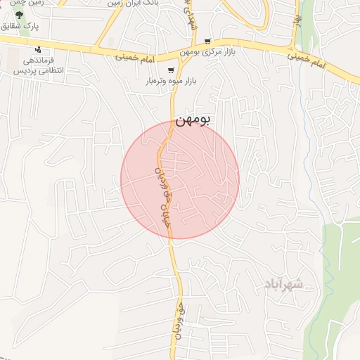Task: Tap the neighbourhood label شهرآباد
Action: pos(283,284)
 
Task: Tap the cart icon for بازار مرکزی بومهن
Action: pos(207,41)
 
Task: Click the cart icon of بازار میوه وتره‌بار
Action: pos(171,70)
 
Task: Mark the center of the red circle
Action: pos(180,179)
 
